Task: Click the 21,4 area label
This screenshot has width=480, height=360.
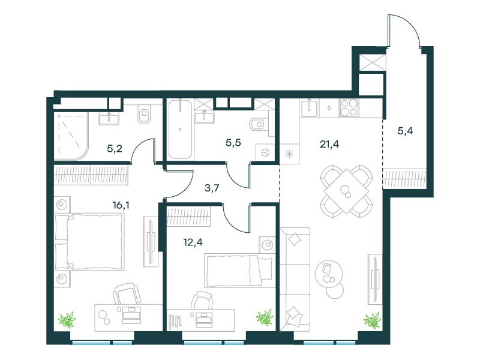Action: point(329,144)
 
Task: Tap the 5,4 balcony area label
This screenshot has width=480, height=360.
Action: point(405,131)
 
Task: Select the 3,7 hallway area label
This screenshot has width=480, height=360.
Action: point(212,188)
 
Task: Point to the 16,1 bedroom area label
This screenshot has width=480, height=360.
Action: point(121,205)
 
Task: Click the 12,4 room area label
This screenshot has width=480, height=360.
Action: point(193,242)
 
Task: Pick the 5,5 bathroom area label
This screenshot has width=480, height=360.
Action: point(233,143)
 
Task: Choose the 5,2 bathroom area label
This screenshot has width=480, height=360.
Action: point(115,149)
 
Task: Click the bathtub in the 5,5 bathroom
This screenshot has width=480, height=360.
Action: point(181,129)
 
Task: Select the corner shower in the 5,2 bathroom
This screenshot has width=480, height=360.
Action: point(71,136)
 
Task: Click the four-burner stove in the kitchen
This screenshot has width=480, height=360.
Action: point(349,108)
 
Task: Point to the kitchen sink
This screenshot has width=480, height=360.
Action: point(310,108)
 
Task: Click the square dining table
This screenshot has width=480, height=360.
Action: point(346,191)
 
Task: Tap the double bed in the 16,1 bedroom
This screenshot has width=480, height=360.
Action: point(89,242)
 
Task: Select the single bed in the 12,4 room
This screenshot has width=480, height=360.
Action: point(239,271)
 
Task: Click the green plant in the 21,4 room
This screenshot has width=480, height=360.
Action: point(372,320)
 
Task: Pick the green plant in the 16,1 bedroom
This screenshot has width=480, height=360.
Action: point(67,320)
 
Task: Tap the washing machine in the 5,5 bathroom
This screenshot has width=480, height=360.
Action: point(265,152)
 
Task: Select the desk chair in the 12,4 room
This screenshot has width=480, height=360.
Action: point(202,301)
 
